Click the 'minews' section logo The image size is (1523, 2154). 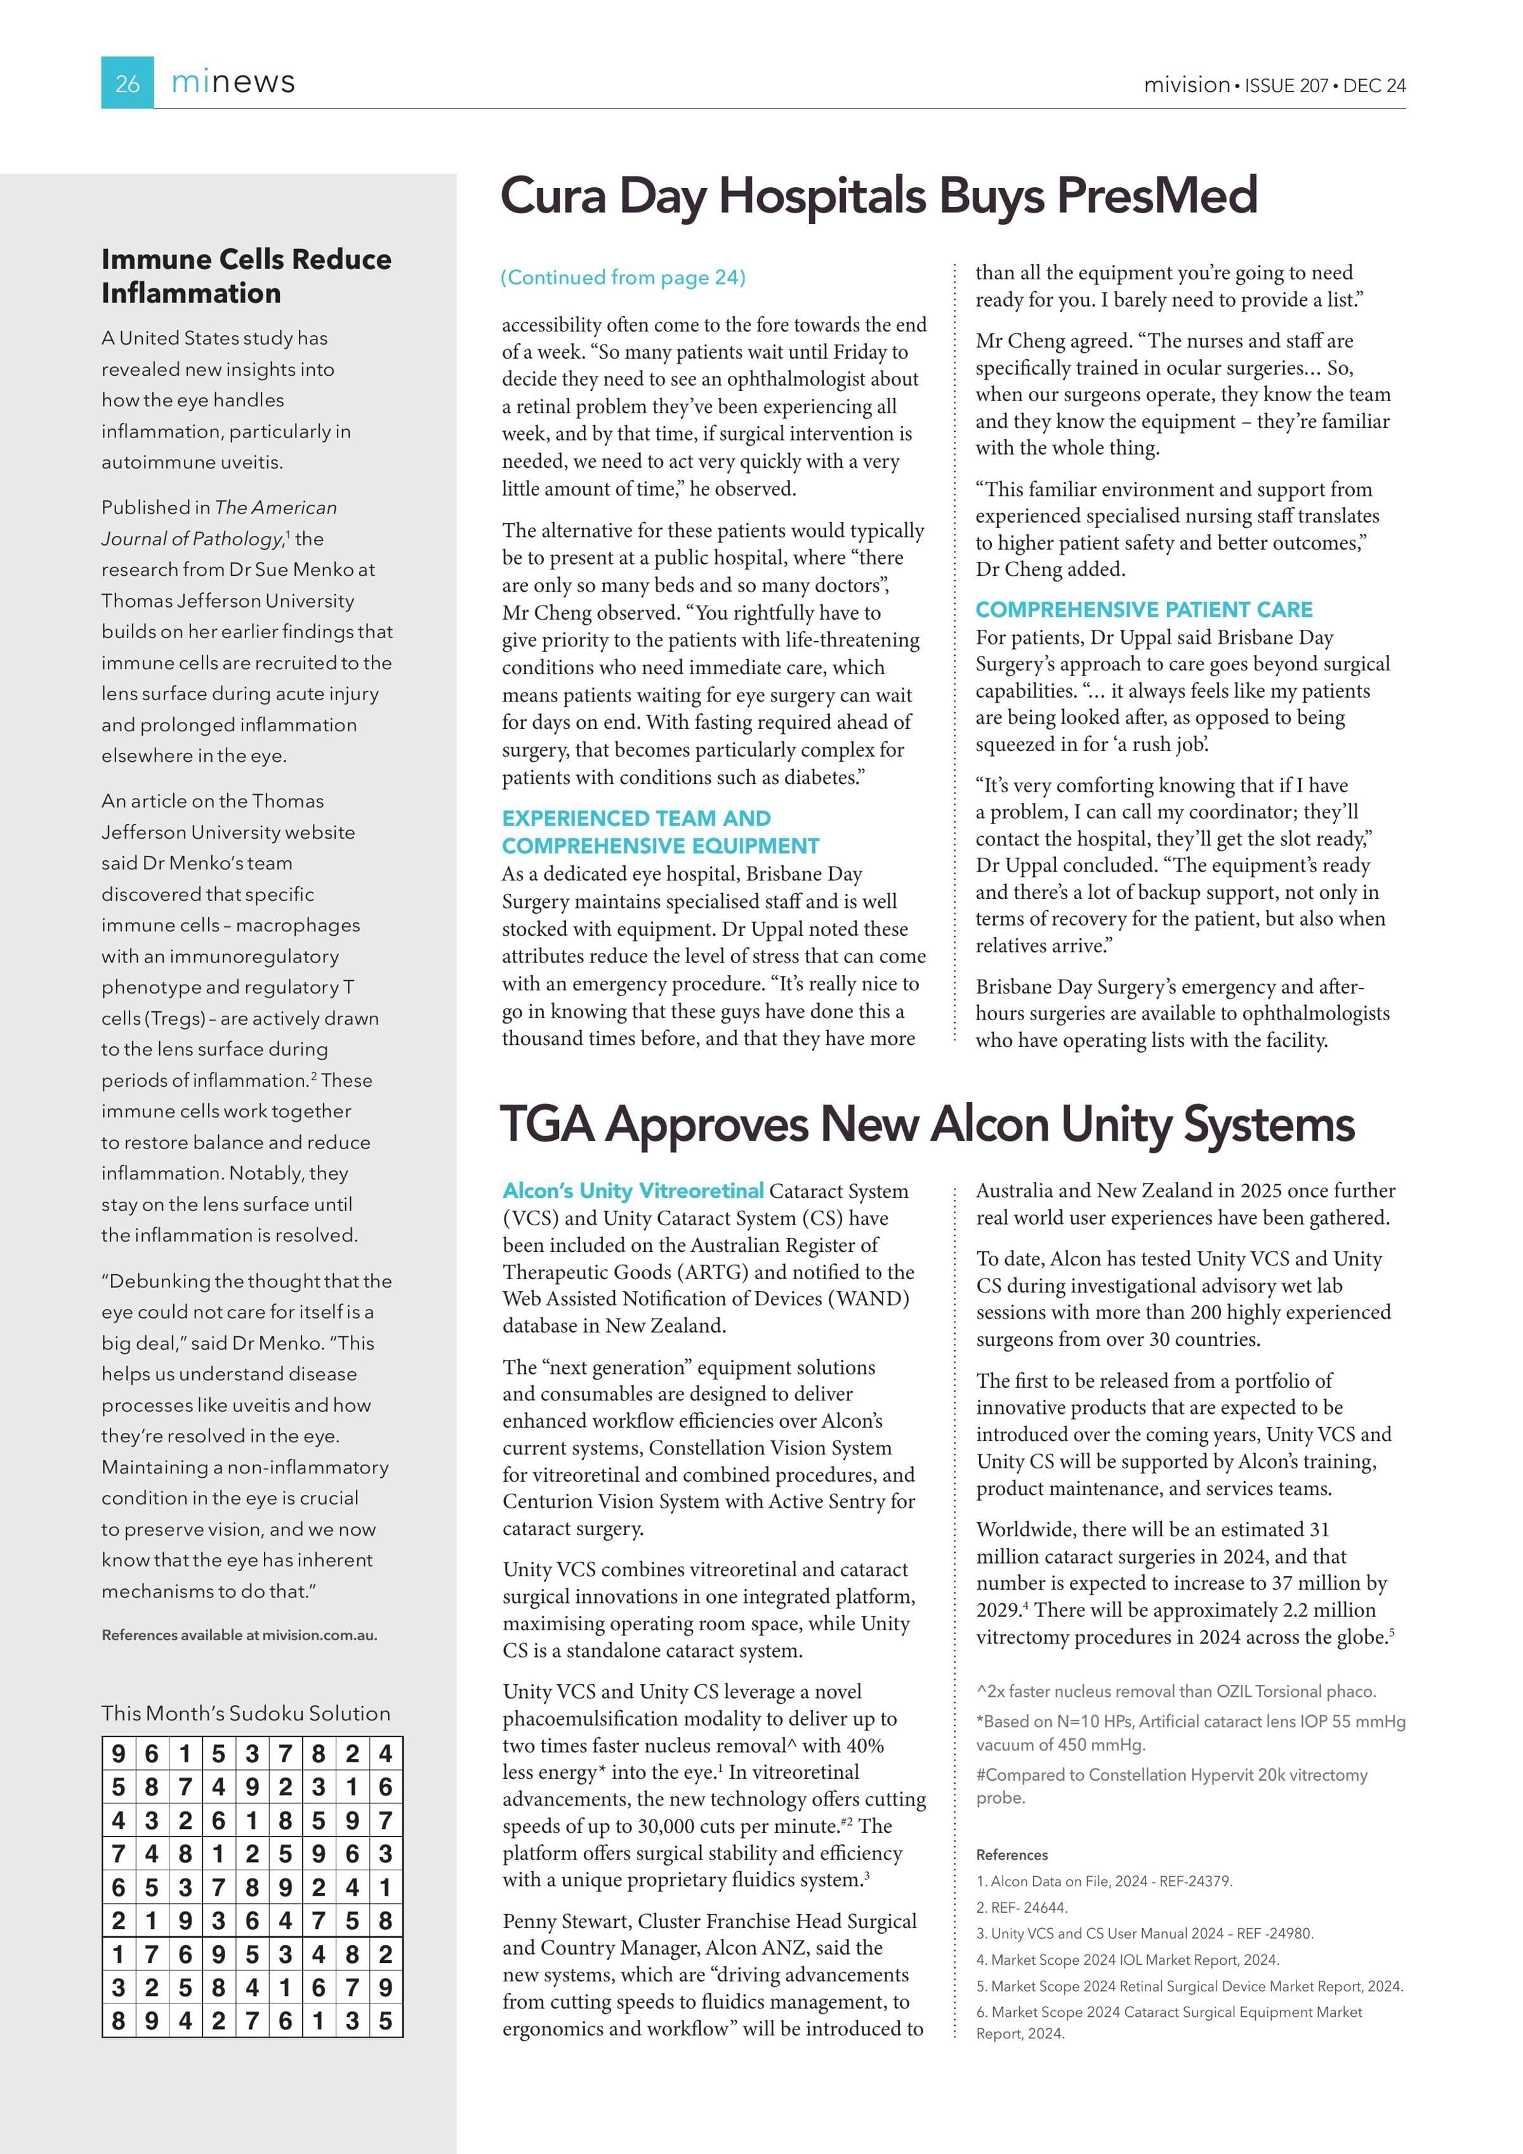pos(233,83)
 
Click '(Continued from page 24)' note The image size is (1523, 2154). pos(623,277)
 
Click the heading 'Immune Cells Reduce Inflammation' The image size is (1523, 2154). pos(246,276)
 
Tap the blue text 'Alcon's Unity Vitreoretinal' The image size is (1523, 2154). pos(633,1190)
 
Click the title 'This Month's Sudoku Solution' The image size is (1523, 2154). pos(246,1713)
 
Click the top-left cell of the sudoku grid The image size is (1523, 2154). pos(118,1753)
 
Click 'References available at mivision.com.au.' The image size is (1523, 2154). pos(239,1635)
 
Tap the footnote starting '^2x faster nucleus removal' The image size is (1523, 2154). pos(1175,1691)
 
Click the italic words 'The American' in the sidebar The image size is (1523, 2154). pos(275,507)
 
